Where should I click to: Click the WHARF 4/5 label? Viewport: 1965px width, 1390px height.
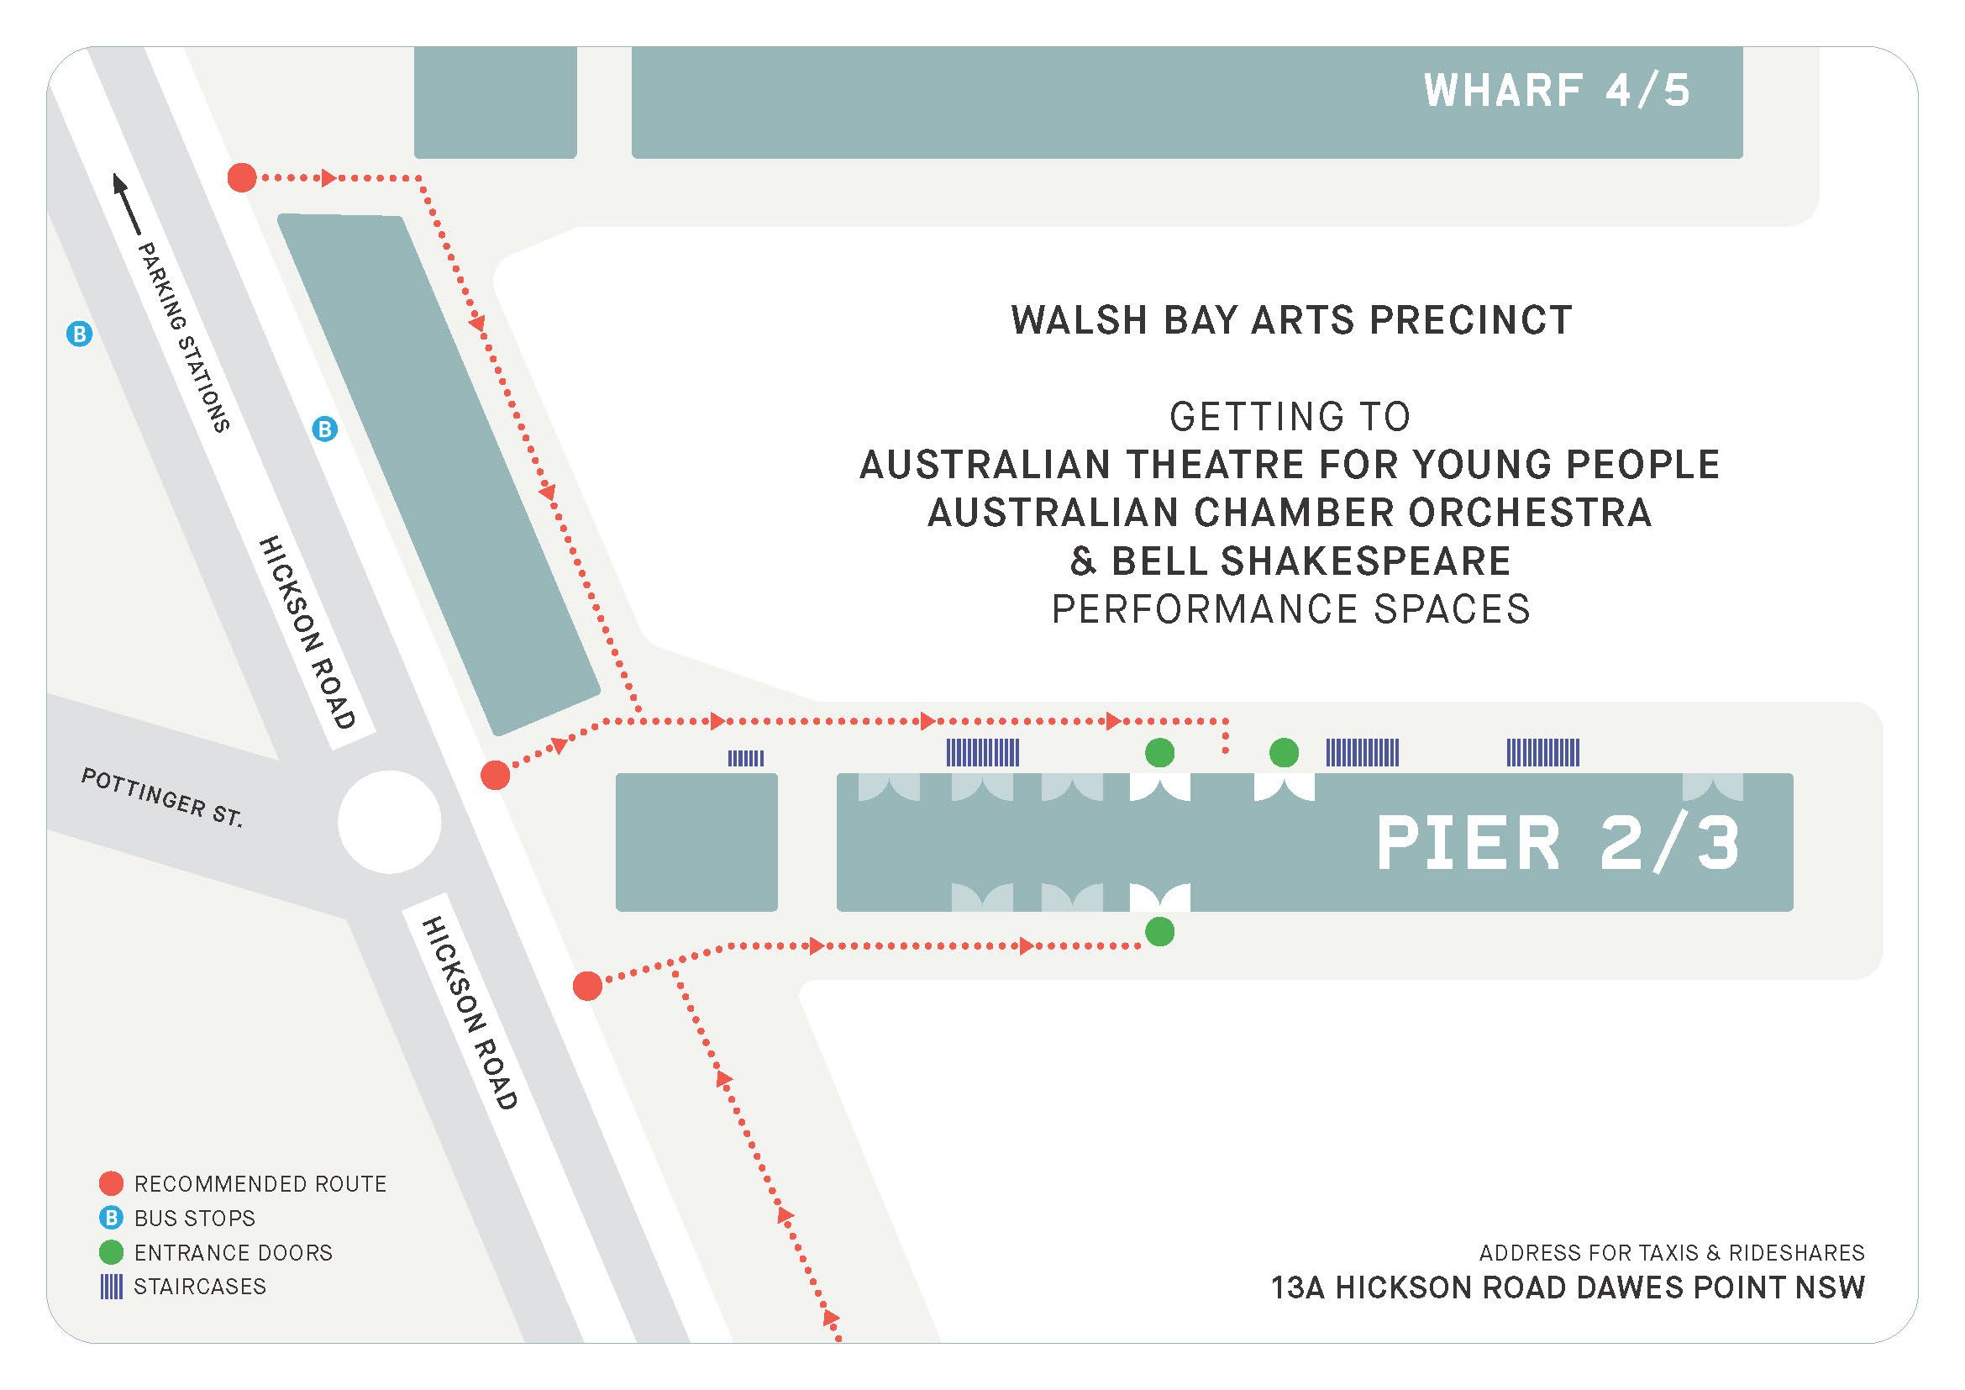(1556, 91)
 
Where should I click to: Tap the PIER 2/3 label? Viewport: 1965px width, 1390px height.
(1558, 844)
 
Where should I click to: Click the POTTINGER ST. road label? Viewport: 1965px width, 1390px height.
(162, 797)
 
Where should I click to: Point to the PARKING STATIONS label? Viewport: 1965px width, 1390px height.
(184, 336)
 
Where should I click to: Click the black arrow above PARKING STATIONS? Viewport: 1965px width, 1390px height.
(127, 203)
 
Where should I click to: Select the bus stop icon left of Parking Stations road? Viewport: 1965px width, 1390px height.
(80, 334)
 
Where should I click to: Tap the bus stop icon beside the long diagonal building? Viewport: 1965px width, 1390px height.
(324, 429)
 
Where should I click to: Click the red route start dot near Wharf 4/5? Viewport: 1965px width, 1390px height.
(242, 178)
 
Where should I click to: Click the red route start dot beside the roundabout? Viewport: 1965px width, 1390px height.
(495, 776)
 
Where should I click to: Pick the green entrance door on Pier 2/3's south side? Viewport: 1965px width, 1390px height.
(1159, 932)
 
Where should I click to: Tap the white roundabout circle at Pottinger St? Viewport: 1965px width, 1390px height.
(390, 823)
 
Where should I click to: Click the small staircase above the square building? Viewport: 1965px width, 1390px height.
(745, 758)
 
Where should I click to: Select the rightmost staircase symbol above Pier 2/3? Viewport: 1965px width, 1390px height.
(1542, 753)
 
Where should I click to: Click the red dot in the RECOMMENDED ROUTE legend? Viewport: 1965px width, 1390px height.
(111, 1184)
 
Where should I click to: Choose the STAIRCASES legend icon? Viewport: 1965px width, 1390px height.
(111, 1287)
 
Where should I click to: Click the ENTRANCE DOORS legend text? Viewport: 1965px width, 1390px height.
(233, 1253)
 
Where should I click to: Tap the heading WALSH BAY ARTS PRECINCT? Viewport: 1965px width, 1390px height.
(1290, 321)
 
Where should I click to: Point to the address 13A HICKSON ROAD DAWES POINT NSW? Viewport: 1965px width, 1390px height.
(1567, 1288)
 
